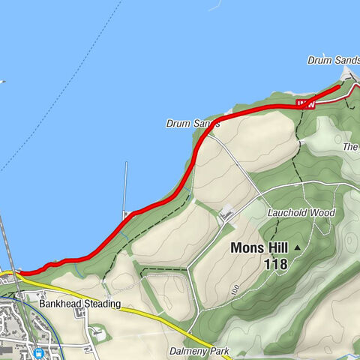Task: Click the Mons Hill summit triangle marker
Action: pos(297,247)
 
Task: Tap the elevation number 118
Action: pos(276,264)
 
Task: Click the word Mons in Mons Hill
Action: pos(247,247)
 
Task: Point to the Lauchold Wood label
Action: pos(300,213)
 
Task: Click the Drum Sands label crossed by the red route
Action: pos(193,122)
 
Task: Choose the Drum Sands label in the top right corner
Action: pos(332,60)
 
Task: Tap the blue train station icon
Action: pos(37,352)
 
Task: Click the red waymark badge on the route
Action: pos(304,103)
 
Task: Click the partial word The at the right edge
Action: pos(351,148)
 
